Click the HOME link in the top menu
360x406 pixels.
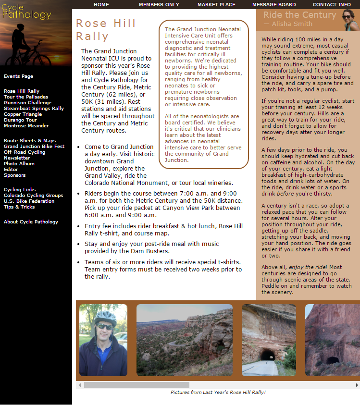click(x=101, y=5)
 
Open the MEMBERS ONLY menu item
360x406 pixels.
click(x=159, y=5)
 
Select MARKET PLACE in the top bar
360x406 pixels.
click(x=216, y=5)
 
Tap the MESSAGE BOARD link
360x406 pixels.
click(x=274, y=5)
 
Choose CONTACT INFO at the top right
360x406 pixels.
click(x=332, y=5)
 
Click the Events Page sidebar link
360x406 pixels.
click(x=18, y=76)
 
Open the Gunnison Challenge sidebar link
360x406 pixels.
click(x=27, y=103)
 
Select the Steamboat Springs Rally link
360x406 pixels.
click(x=34, y=109)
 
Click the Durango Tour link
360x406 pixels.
click(x=20, y=120)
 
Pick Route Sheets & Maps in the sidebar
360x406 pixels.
click(x=30, y=141)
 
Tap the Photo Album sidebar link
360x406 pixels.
click(x=19, y=164)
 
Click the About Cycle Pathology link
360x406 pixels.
click(x=31, y=222)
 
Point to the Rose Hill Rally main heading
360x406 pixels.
click(x=106, y=29)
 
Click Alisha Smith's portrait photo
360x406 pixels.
click(x=348, y=20)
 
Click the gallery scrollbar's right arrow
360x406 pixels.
click(x=357, y=385)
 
